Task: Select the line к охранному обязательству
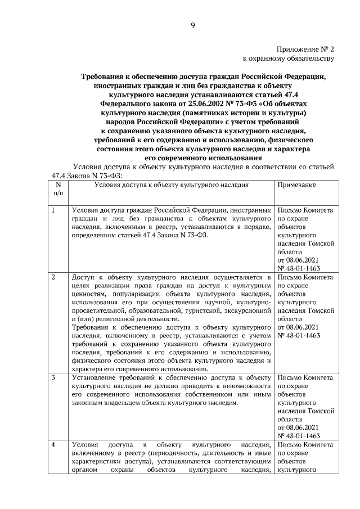tap(288, 58)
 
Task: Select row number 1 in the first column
tap(53, 210)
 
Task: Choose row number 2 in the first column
tap(53, 277)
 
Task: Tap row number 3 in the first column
tap(53, 377)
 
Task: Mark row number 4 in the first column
tap(53, 444)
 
